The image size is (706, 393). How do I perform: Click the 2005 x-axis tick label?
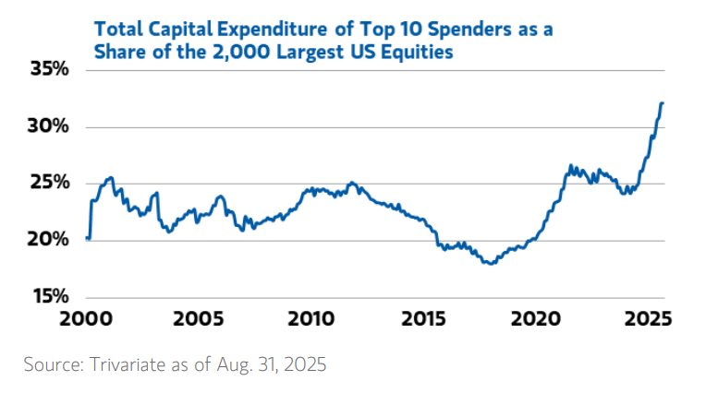click(x=198, y=320)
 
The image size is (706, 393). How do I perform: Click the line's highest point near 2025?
click(x=662, y=103)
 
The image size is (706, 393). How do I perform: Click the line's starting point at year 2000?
click(x=87, y=238)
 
